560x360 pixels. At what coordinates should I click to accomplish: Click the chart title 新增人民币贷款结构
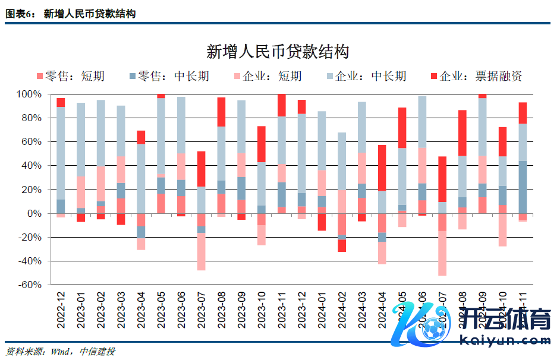[278, 52]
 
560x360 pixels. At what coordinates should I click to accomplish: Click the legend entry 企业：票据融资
[476, 76]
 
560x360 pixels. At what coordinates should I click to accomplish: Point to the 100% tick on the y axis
[29, 94]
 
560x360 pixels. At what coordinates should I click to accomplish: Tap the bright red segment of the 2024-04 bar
[382, 168]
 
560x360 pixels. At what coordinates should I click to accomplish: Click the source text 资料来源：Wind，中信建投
[60, 351]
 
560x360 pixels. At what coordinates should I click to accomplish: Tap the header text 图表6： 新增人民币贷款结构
[71, 13]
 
